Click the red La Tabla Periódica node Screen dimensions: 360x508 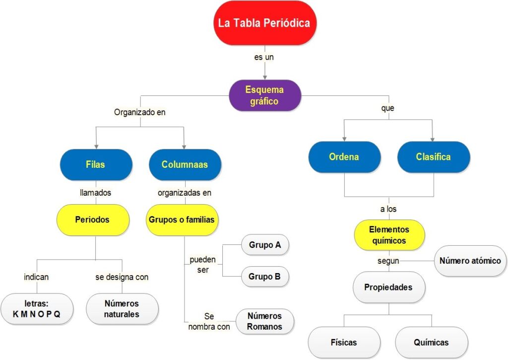(264, 23)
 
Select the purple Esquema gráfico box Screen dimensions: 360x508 (264, 95)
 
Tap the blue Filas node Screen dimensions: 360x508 (95, 164)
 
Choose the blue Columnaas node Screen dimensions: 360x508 (185, 164)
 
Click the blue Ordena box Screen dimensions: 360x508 (344, 157)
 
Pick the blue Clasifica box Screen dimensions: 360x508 (433, 157)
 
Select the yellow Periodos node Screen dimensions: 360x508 (93, 219)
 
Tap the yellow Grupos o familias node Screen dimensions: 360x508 (182, 219)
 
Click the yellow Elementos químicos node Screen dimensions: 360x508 (389, 235)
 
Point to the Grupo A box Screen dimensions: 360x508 (264, 245)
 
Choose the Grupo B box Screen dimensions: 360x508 (264, 277)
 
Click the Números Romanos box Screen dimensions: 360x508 (264, 321)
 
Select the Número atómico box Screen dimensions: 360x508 (470, 261)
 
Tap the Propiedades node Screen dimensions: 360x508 (388, 287)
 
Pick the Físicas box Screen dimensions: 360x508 (344, 342)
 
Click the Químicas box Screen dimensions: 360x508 (431, 342)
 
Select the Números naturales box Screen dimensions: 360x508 (122, 308)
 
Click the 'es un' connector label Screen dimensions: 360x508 (264, 57)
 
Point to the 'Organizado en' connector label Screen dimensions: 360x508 (139, 112)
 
